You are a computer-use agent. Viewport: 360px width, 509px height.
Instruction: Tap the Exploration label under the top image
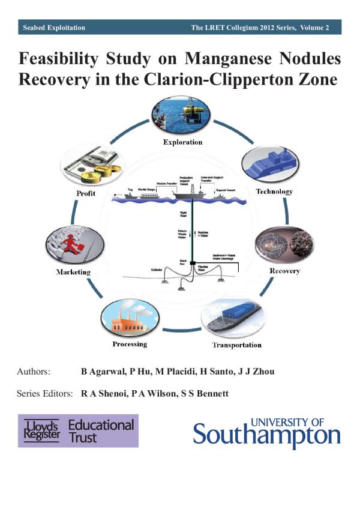[183, 142]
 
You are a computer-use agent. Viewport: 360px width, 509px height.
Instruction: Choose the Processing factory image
[130, 319]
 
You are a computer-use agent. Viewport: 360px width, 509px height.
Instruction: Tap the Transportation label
[237, 345]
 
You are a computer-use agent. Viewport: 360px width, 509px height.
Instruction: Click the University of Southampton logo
[266, 431]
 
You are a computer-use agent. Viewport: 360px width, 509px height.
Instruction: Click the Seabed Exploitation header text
[54, 28]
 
